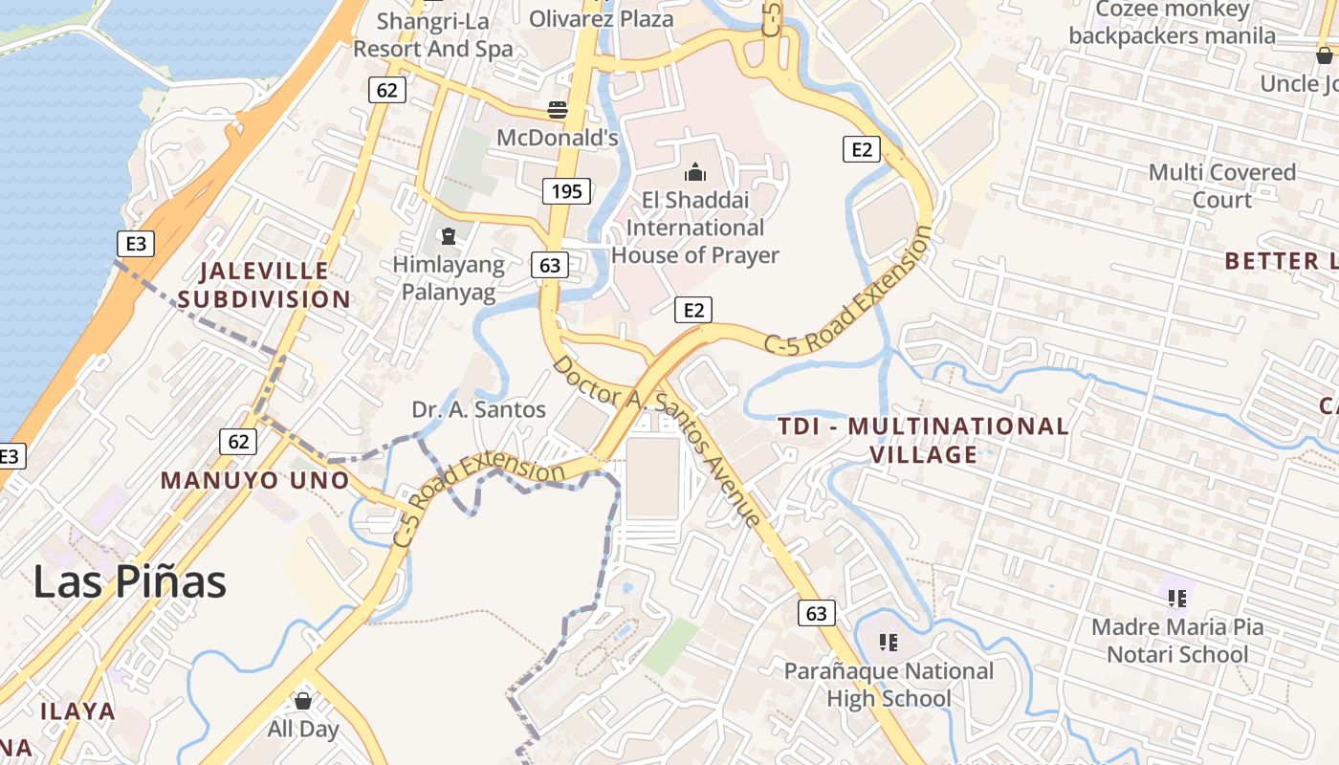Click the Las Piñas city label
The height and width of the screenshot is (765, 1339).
pos(130,581)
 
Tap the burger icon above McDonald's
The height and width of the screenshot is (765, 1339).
pos(558,109)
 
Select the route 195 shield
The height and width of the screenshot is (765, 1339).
pos(566,191)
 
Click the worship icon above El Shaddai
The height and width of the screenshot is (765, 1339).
pos(694,172)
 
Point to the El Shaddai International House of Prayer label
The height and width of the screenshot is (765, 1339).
pos(695,228)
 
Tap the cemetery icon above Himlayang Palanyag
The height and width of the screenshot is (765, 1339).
pos(448,235)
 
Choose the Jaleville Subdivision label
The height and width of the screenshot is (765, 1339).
pos(264,285)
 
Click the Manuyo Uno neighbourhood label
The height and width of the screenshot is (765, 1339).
pos(254,480)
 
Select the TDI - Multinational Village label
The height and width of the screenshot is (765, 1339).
pos(923,440)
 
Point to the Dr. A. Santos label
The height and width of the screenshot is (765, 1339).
pos(478,410)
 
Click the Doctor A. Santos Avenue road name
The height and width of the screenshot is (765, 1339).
pos(658,440)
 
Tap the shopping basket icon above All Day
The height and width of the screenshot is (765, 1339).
pos(303,701)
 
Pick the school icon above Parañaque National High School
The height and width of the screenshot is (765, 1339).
pos(889,643)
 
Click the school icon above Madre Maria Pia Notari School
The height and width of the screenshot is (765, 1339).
pos(1177,599)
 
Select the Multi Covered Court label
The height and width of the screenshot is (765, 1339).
pos(1222,186)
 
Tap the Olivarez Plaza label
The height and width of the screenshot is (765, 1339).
pos(601,18)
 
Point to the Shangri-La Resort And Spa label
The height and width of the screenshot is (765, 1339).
pos(433,34)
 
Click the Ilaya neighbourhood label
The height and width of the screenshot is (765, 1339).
pos(77,711)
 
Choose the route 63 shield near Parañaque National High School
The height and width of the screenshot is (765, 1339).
pos(816,613)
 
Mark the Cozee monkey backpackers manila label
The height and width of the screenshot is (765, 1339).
pos(1173,23)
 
